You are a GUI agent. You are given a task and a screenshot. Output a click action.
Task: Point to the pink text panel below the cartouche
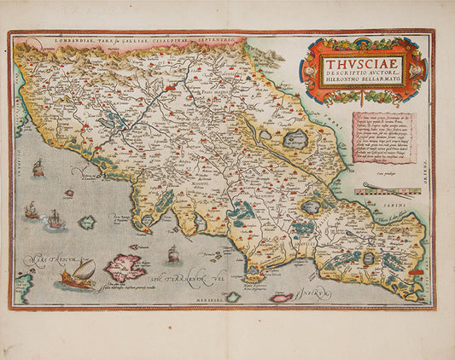click(x=383, y=137)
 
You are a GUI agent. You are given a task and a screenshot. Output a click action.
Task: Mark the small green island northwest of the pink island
click(x=87, y=223)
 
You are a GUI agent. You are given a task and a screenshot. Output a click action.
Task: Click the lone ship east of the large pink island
click(x=173, y=253)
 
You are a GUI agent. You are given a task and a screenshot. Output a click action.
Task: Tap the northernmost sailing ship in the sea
click(x=38, y=169)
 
